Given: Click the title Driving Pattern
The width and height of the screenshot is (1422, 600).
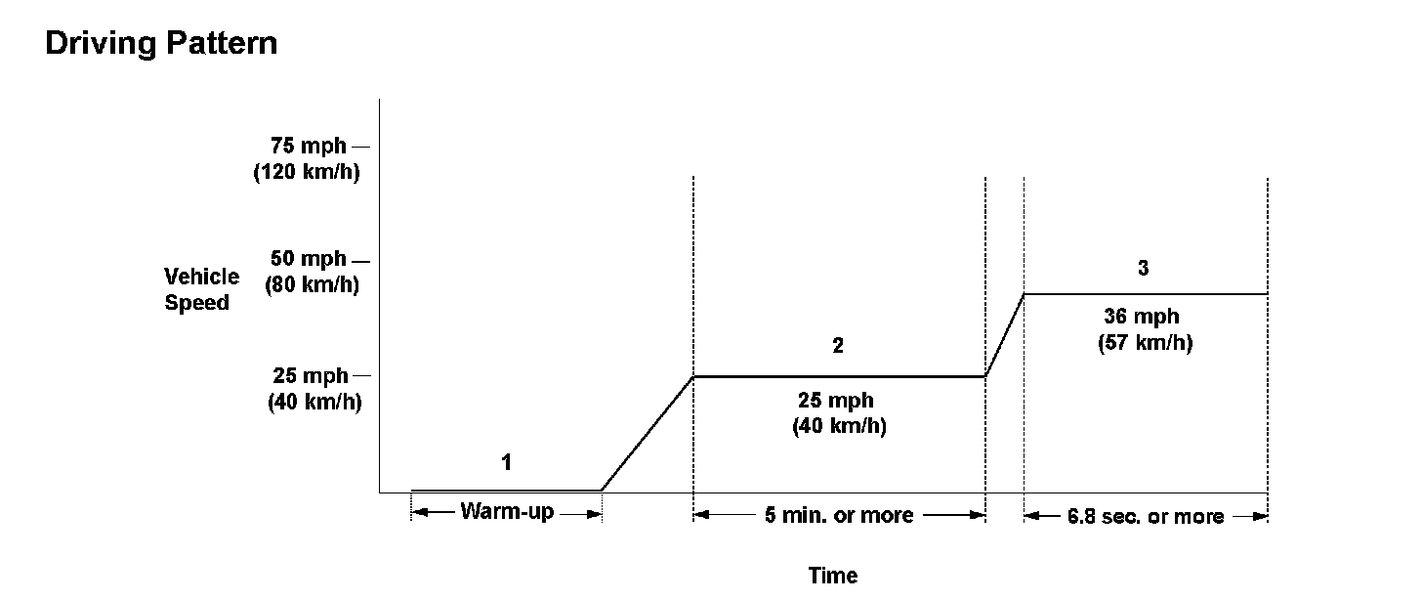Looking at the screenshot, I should (161, 44).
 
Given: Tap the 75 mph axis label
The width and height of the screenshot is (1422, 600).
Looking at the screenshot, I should (309, 147).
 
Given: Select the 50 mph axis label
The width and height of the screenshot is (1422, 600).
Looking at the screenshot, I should (309, 260).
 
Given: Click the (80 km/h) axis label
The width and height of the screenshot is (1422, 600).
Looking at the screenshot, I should (312, 286).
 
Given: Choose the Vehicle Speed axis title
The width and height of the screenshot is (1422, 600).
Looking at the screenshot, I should (201, 289).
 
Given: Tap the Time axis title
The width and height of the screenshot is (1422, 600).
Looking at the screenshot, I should (833, 576).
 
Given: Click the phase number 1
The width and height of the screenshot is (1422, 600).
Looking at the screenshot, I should (506, 462).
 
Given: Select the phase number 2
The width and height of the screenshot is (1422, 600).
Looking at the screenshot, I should (838, 346).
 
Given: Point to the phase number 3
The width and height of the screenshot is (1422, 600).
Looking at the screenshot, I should (1144, 269).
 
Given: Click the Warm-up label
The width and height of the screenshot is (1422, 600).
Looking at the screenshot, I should (507, 512).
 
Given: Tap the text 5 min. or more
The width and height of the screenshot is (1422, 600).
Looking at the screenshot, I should (840, 515).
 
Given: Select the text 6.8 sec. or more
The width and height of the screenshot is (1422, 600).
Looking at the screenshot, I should (1146, 516).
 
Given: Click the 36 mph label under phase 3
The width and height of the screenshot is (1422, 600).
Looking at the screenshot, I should (1142, 317).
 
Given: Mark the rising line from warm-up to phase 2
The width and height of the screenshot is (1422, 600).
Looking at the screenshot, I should (647, 433).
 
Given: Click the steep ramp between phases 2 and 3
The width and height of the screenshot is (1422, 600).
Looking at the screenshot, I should (1005, 334).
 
